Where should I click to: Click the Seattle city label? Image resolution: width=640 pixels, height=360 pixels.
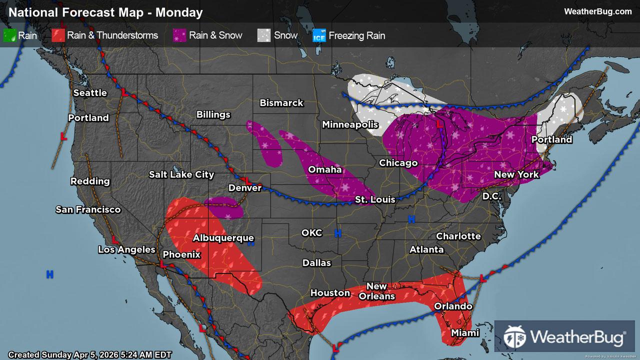pyautogui.click(x=90, y=93)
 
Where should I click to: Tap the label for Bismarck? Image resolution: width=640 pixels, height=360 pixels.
pyautogui.click(x=281, y=103)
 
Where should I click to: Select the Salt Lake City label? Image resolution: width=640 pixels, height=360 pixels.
pyautogui.click(x=181, y=174)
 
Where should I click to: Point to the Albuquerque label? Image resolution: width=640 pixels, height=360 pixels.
pyautogui.click(x=223, y=238)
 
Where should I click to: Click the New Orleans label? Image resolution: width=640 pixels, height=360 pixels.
pyautogui.click(x=376, y=291)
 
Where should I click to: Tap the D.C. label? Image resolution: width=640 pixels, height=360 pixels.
pyautogui.click(x=491, y=196)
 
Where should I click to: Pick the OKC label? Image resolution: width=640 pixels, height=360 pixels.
pyautogui.click(x=311, y=233)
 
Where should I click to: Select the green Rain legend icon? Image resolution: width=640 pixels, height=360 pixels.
pyautogui.click(x=9, y=35)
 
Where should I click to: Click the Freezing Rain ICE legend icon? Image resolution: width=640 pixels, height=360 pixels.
pyautogui.click(x=319, y=35)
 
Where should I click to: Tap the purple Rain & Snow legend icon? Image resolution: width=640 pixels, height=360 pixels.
pyautogui.click(x=179, y=35)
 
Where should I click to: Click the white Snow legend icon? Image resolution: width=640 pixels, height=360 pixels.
pyautogui.click(x=264, y=35)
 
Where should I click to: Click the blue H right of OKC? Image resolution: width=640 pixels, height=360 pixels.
pyautogui.click(x=337, y=233)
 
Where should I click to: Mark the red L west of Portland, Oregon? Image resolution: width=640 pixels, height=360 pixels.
pyautogui.click(x=63, y=136)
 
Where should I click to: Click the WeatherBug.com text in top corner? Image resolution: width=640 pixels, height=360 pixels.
pyautogui.click(x=597, y=11)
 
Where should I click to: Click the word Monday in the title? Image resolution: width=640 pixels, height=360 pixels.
pyautogui.click(x=179, y=12)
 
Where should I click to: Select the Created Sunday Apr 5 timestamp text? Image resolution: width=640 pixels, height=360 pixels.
pyautogui.click(x=90, y=354)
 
